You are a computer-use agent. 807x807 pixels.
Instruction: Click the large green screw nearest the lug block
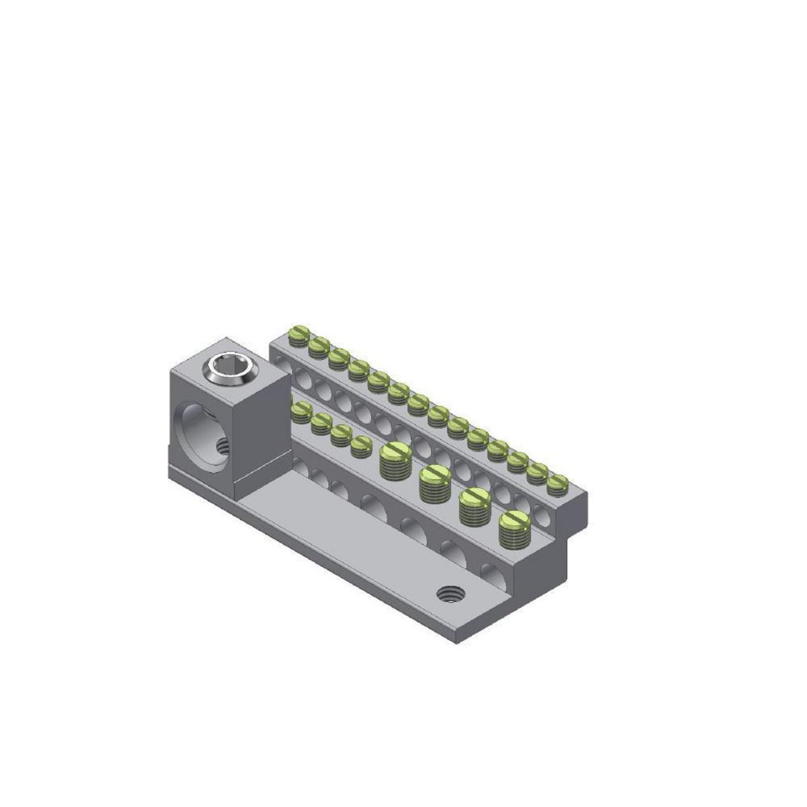click(395, 459)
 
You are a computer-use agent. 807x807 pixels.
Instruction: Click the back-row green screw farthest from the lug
click(557, 482)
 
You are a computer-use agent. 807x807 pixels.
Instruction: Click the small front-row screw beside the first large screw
click(362, 443)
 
